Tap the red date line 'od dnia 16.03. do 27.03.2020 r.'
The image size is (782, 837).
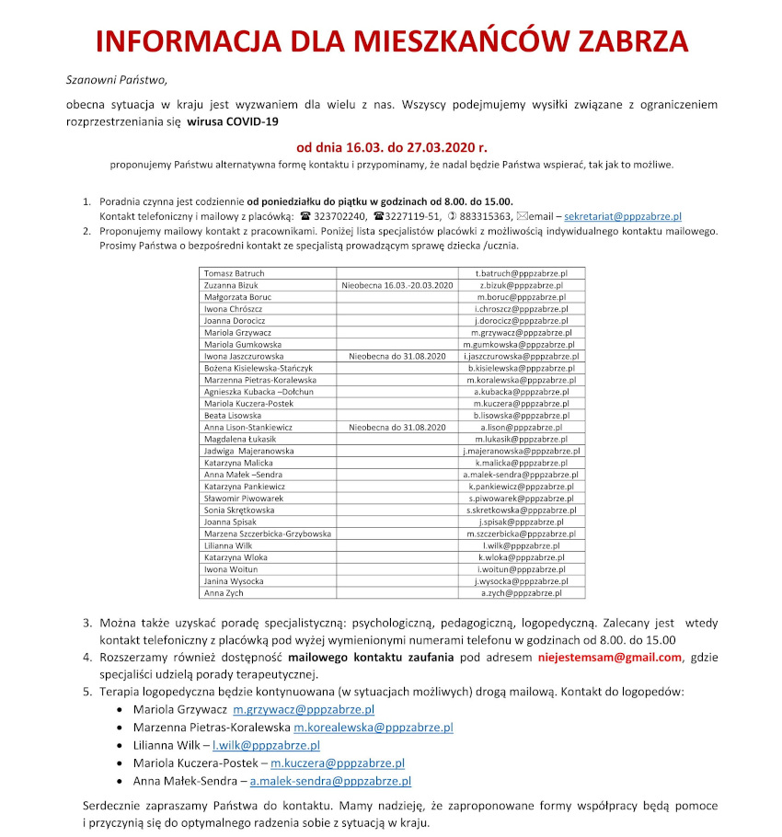(391, 146)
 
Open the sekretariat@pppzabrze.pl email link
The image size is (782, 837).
(622, 216)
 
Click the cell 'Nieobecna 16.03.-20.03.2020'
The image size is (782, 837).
(398, 286)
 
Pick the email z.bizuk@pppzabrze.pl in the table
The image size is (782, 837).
(522, 286)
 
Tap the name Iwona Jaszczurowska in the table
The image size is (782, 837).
(244, 356)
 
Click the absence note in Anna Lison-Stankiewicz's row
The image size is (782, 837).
(397, 428)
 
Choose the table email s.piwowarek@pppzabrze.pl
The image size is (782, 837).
(522, 499)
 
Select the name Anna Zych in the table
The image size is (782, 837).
(224, 594)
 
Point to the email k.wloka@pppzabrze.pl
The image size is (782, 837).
(522, 558)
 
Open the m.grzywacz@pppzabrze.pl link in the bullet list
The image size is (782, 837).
(304, 710)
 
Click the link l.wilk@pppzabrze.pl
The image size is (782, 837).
(266, 745)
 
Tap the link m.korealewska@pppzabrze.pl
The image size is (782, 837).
(374, 728)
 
